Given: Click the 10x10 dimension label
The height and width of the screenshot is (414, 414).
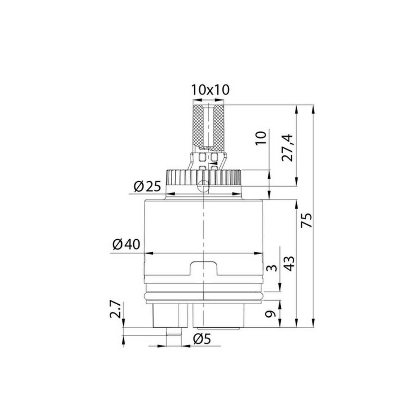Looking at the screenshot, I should point(210,89).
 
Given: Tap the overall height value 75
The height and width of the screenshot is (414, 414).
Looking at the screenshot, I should point(307,221).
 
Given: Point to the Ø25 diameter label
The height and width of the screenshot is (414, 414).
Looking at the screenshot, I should point(147,187).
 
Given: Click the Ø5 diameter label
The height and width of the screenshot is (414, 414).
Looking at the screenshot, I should point(202,339).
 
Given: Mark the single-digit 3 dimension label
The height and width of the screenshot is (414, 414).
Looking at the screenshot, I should point(271,268).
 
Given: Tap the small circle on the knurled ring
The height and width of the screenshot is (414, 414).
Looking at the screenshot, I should point(203,186).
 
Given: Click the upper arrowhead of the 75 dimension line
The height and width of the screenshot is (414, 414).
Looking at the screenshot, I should point(313,108).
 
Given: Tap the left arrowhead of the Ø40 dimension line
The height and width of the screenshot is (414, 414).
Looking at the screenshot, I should point(146,253).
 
